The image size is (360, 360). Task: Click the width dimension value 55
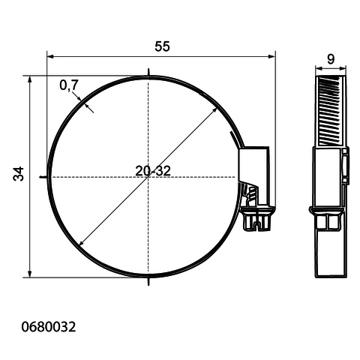click(162, 46)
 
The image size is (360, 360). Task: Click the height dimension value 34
click(19, 174)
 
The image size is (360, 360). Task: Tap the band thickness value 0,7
click(69, 85)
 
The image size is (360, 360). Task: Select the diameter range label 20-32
click(153, 171)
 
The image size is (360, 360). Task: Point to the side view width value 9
click(331, 59)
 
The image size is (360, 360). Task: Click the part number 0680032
click(49, 327)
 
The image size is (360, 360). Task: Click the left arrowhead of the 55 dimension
click(50, 56)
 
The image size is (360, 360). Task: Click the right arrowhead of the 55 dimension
click(271, 56)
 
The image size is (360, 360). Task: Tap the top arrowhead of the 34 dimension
click(30, 79)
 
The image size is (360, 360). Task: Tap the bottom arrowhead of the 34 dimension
click(30, 274)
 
